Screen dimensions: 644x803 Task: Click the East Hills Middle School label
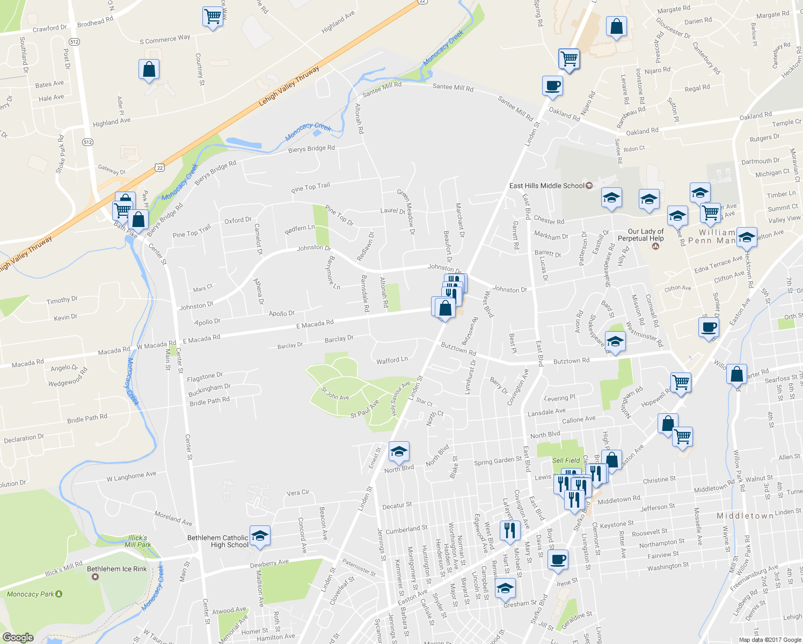(x=546, y=186)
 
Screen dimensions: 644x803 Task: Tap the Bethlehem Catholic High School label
(x=218, y=541)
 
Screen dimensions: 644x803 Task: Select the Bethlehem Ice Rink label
(x=116, y=569)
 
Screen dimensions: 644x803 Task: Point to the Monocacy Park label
(x=31, y=594)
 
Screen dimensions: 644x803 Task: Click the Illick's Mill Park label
(x=137, y=541)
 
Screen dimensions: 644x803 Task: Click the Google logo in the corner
(x=18, y=637)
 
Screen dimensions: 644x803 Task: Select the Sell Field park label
(x=566, y=460)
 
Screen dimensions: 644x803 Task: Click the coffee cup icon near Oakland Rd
(x=552, y=86)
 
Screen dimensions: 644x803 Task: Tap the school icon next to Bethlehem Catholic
(x=260, y=536)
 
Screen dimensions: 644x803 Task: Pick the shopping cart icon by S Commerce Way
(x=213, y=16)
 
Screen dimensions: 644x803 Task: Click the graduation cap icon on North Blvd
(x=398, y=452)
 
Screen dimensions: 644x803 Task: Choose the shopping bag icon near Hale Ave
(x=149, y=69)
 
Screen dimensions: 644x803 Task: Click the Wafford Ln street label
(x=392, y=361)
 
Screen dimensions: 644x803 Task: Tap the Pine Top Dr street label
(x=339, y=215)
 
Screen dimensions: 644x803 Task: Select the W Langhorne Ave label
(x=131, y=476)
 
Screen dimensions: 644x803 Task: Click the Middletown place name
(x=745, y=516)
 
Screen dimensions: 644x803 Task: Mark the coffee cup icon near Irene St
(x=558, y=559)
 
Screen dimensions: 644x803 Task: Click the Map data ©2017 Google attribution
(x=769, y=639)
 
